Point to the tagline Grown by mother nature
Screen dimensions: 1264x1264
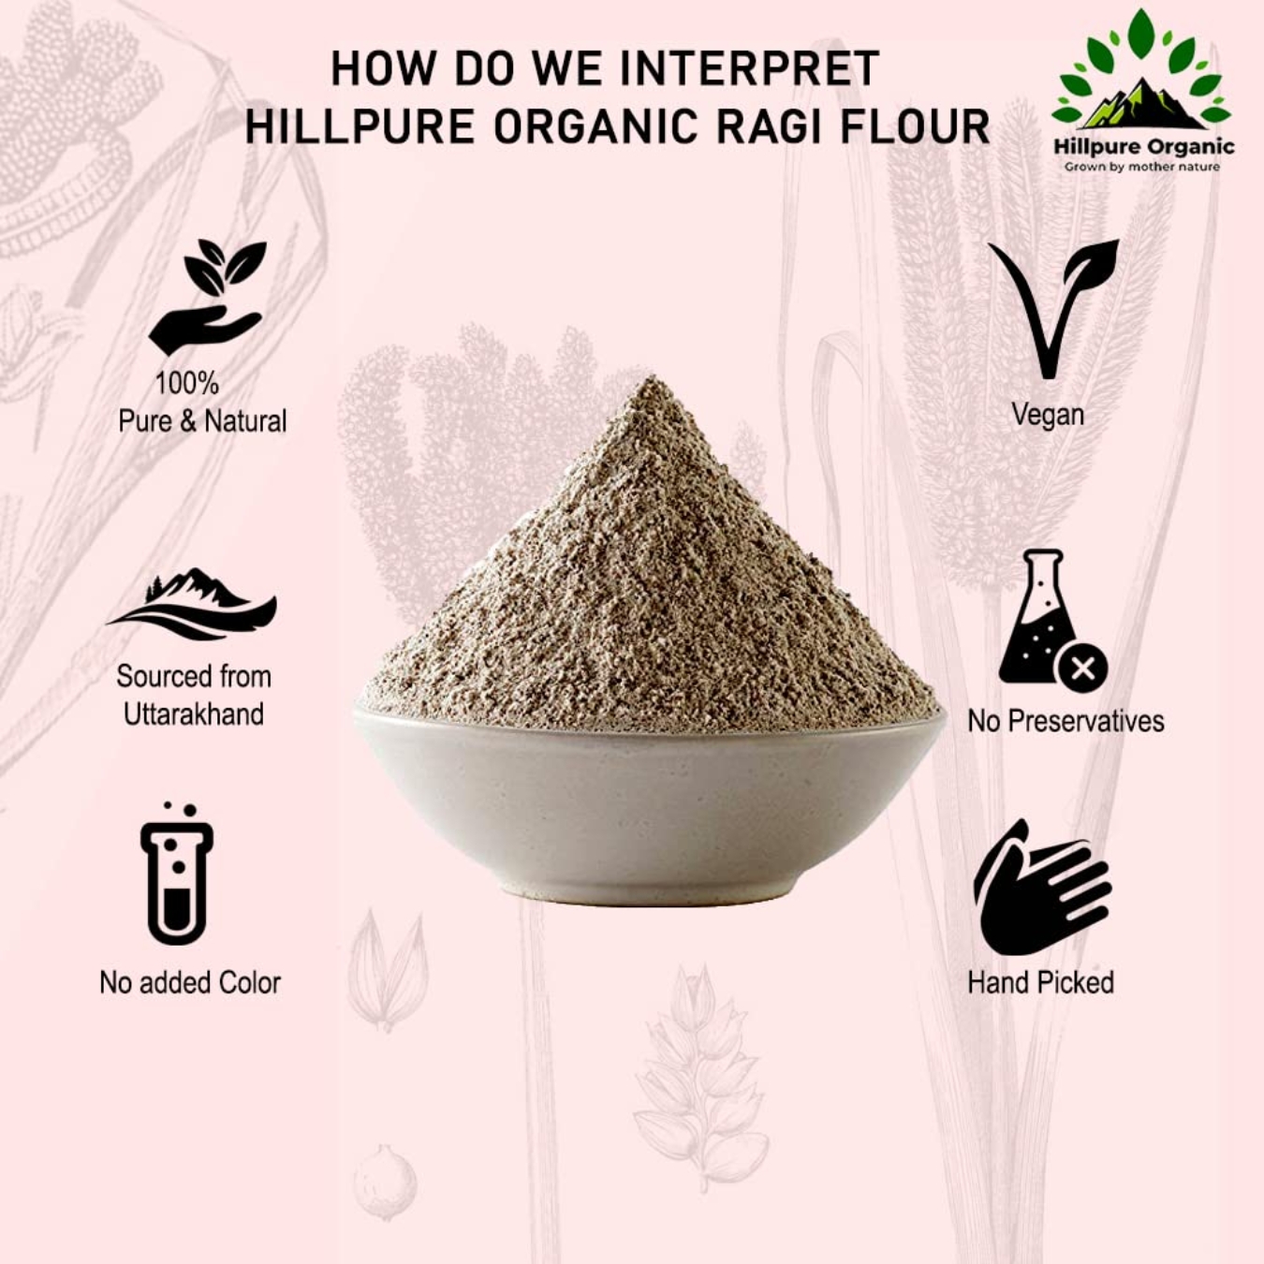click(x=1141, y=167)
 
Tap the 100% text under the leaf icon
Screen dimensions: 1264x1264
click(x=186, y=383)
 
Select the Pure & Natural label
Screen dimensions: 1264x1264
click(x=202, y=421)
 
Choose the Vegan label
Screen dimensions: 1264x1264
click(x=1048, y=415)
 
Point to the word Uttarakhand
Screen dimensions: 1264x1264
click(x=194, y=714)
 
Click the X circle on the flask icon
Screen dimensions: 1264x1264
click(x=1082, y=669)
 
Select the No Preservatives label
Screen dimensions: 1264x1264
click(x=1066, y=721)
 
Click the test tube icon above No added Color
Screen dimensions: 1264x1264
click(x=177, y=875)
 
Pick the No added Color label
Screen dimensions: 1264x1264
click(x=190, y=983)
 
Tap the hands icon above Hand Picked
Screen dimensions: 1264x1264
click(x=1042, y=887)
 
